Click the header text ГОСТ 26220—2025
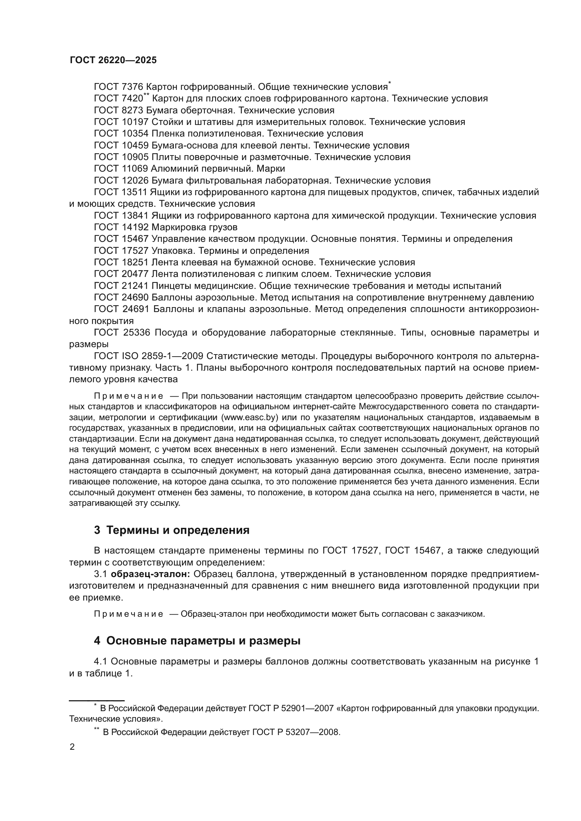113,60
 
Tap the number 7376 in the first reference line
132,87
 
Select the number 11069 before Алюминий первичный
135,168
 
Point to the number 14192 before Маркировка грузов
135,227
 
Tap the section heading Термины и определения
178,530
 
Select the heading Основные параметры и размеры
203,641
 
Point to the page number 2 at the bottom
72,747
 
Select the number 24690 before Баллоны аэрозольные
135,298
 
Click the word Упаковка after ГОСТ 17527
173,251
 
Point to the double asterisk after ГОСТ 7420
146,95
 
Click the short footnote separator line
97,701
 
